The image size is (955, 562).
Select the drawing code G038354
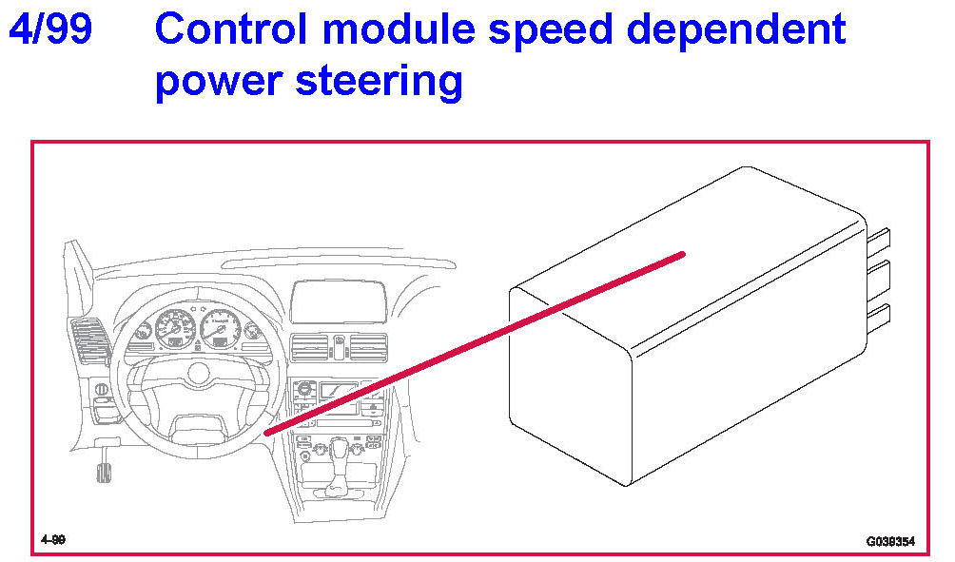[889, 541]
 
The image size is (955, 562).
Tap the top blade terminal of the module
[879, 241]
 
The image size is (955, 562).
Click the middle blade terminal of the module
[879, 276]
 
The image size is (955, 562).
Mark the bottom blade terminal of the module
[879, 314]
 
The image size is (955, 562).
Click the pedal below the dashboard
[102, 470]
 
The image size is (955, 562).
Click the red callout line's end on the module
[683, 253]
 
